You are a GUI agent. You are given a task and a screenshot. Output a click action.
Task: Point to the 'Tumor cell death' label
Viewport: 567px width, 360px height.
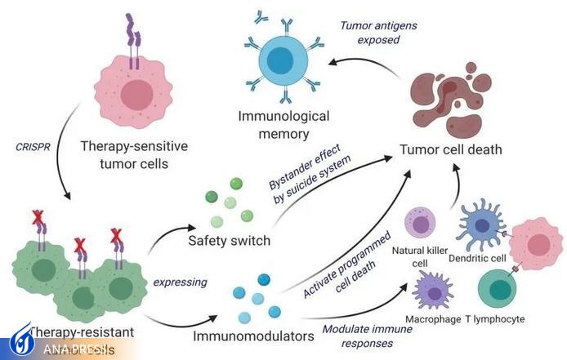point(450,149)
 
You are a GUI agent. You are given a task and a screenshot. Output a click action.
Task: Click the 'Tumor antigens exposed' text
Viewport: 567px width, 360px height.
point(377,32)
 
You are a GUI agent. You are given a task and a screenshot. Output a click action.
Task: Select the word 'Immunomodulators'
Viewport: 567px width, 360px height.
point(243,335)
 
